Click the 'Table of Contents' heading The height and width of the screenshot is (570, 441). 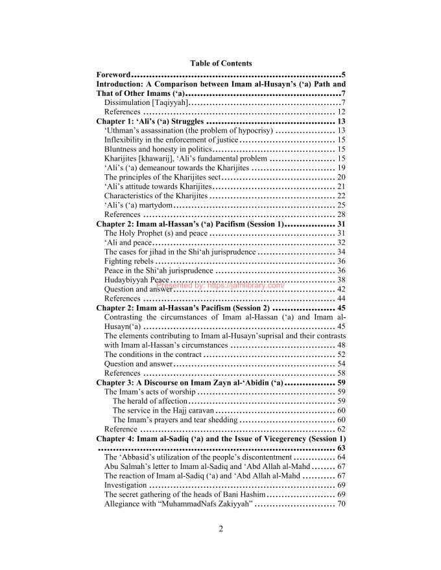tap(221, 63)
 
